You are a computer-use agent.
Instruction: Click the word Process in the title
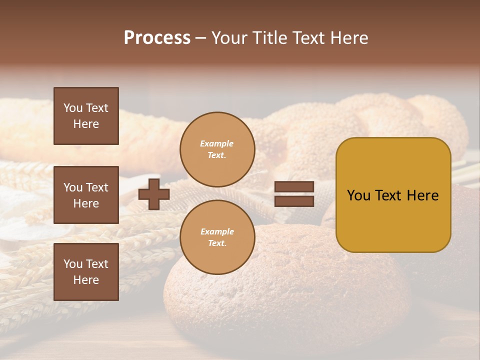157,38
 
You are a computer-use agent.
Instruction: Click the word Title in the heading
268,38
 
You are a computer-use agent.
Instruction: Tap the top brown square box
86,116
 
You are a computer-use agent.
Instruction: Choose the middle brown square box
86,195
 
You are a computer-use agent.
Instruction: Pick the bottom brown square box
86,272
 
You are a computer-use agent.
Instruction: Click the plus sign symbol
154,194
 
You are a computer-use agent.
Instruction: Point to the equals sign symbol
294,194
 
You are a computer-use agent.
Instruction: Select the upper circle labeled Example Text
217,149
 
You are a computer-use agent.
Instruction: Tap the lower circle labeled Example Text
217,237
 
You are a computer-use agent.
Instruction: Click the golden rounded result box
393,195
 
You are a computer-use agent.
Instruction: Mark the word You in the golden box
358,195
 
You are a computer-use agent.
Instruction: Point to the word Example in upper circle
217,143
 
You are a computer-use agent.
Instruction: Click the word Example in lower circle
217,231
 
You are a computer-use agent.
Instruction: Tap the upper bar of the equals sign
294,186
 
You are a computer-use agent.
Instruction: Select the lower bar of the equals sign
294,201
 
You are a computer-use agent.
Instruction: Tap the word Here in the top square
86,124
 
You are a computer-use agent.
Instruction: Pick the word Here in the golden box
422,195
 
